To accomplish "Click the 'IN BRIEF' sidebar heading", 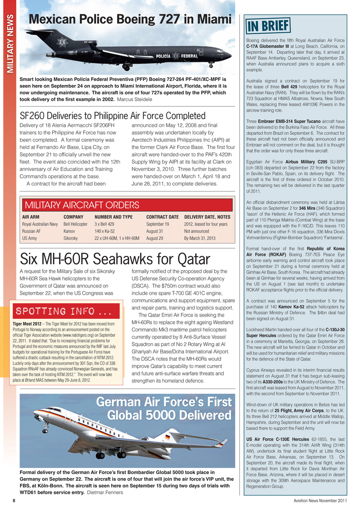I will point(268,26).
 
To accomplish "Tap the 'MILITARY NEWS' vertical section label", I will point(9,44).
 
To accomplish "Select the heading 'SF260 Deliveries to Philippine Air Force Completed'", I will point(112,116).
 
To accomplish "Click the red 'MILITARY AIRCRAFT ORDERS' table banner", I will point(127,205).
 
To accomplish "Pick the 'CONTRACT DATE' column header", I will point(162,217).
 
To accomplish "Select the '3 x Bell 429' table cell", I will point(104,224).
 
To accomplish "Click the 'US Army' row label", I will point(30,238).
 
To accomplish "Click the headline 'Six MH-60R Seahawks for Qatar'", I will point(115,259).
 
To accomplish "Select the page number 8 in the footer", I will point(14,501).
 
